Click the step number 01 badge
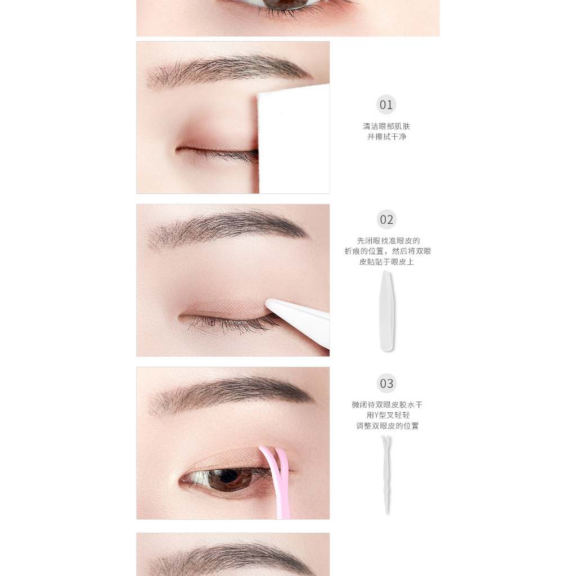point(386,105)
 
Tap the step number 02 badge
point(386,219)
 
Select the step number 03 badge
point(386,383)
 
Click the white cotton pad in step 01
point(294,139)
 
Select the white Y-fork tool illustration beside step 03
point(386,474)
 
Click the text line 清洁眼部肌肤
point(386,127)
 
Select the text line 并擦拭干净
point(386,137)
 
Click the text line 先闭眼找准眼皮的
point(389,241)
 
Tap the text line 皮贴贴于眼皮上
point(386,262)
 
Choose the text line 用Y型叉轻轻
point(388,415)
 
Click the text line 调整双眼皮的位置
point(388,426)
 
